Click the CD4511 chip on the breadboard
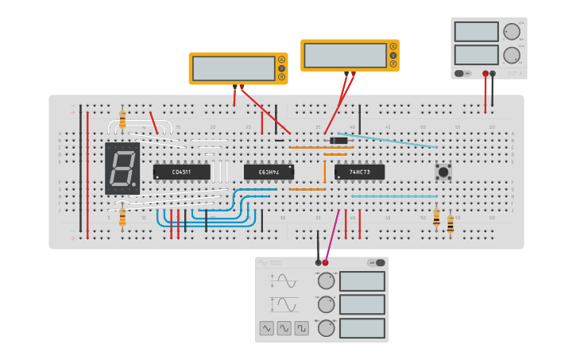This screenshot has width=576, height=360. [182, 172]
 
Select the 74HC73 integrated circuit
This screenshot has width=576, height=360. [359, 172]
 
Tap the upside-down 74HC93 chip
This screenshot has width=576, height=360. [269, 172]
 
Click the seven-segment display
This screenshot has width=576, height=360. [122, 168]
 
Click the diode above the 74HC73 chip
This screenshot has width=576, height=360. [338, 141]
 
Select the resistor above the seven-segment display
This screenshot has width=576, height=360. [122, 119]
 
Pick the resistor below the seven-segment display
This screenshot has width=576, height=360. [122, 215]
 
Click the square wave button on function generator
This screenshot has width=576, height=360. [301, 327]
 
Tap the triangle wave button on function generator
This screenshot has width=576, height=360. [284, 327]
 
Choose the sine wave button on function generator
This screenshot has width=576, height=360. [266, 327]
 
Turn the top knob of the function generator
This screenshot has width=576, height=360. [326, 281]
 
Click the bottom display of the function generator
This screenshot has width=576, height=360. [362, 328]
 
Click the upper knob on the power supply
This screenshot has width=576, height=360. [512, 31]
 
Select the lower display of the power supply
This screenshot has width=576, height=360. [477, 55]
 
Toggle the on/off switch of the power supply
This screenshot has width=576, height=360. [462, 73]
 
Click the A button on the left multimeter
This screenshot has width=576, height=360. [281, 60]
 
